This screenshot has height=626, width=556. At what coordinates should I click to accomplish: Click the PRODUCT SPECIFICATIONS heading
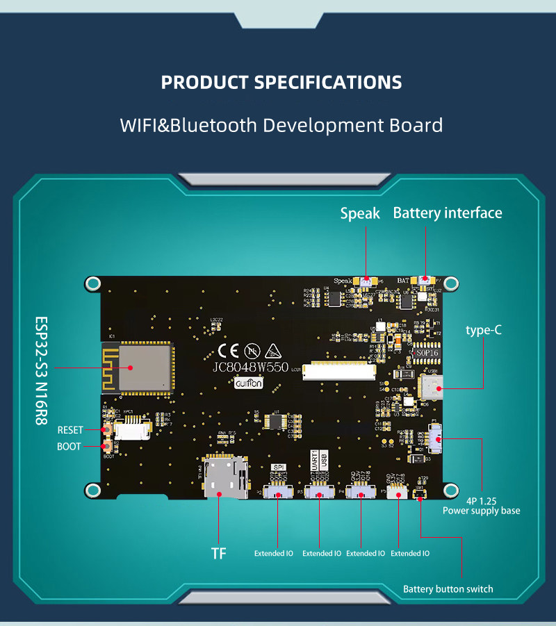tap(281, 82)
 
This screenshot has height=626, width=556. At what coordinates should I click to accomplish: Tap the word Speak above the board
tap(360, 213)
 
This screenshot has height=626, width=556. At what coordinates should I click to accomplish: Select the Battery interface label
tap(448, 213)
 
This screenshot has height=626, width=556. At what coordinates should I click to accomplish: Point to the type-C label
tap(484, 330)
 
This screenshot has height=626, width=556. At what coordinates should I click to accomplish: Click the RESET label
tap(70, 430)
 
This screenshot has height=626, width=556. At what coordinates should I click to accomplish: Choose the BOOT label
tap(69, 447)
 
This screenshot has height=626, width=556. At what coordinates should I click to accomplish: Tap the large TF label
tap(219, 553)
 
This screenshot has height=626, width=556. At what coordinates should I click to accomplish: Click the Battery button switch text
tap(448, 589)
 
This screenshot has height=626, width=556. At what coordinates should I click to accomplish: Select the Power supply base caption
tap(481, 511)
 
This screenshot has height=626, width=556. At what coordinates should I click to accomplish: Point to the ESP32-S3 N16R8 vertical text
tap(42, 372)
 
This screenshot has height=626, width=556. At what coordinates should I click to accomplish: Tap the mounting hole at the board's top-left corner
tap(92, 283)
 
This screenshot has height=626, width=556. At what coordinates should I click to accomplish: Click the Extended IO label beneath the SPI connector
tap(274, 553)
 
